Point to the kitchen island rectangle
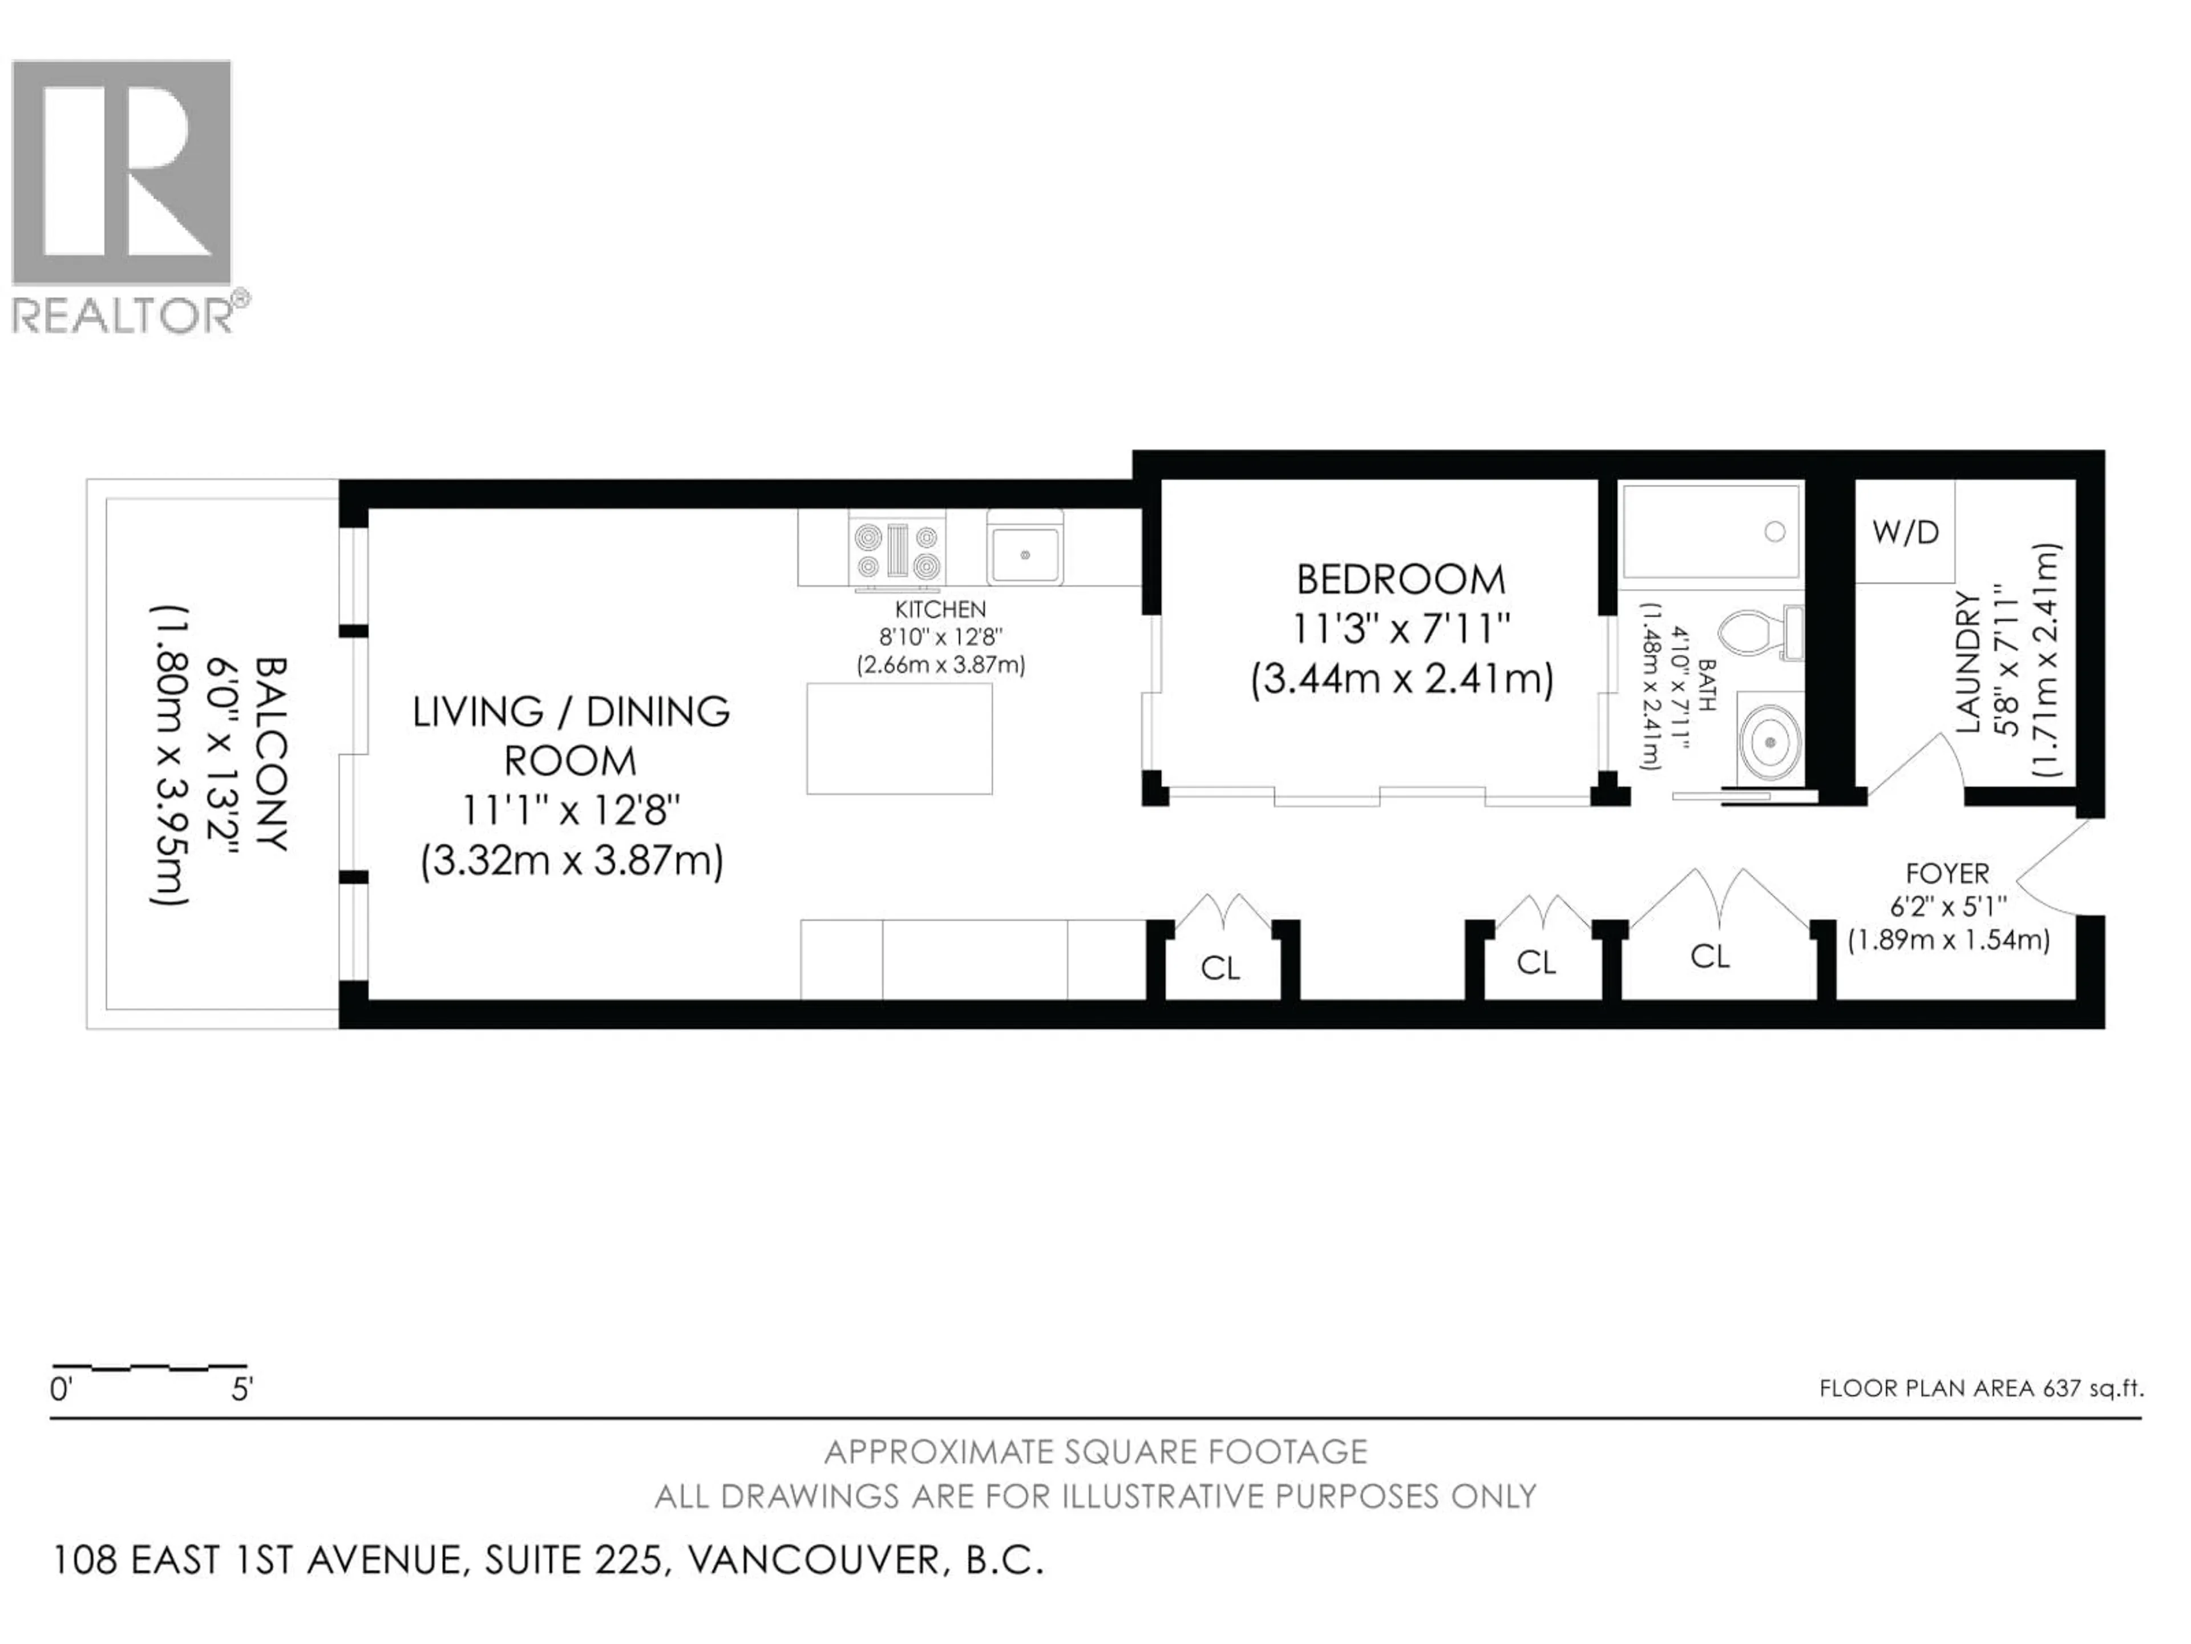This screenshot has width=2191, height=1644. coord(899,738)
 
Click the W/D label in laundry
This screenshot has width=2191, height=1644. coord(1905,533)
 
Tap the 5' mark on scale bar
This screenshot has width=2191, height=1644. coord(242,1391)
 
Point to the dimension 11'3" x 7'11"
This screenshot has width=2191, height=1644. coord(1400,629)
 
